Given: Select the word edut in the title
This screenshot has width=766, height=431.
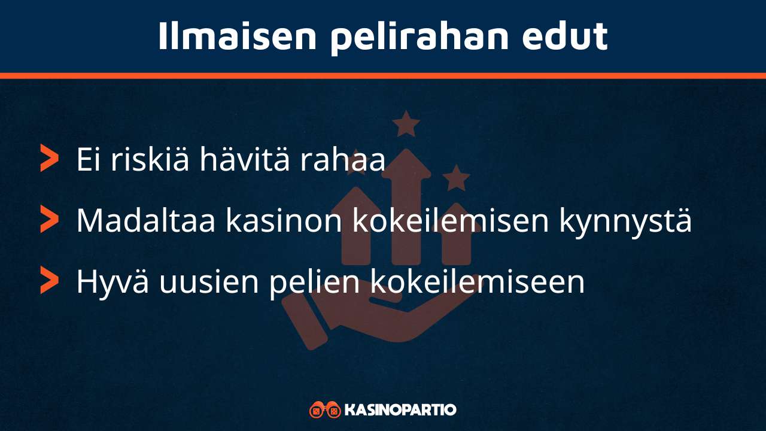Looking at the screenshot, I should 565,36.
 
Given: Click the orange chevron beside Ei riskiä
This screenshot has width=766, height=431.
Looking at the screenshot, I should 49,158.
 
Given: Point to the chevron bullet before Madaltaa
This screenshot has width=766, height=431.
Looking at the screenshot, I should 49,219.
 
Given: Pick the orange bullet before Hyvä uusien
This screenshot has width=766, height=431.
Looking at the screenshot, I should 49,280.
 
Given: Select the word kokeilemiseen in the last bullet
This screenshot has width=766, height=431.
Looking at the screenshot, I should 477,282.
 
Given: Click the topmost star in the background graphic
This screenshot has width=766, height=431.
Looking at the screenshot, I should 406,123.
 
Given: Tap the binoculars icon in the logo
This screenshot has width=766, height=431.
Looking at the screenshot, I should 325,410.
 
